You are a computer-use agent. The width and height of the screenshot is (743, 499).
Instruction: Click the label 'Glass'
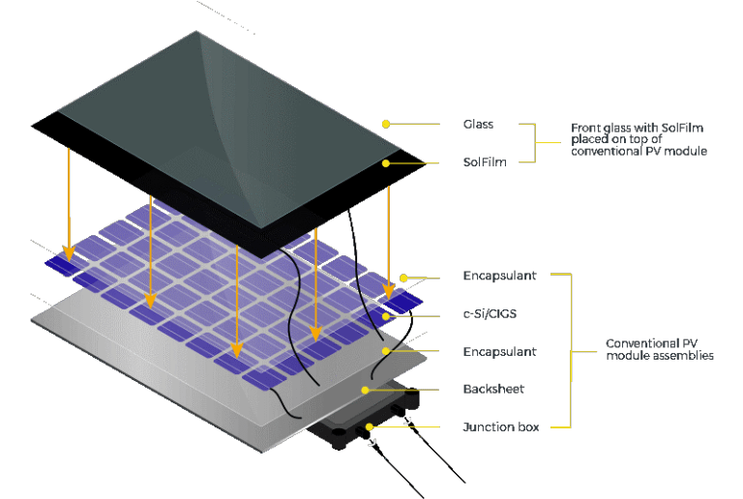click(479, 125)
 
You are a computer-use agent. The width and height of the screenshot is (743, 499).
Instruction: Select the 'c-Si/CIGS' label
click(489, 315)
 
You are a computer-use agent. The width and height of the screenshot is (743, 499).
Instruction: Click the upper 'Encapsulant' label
click(498, 278)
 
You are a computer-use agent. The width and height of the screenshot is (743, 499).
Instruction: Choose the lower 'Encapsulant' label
click(498, 352)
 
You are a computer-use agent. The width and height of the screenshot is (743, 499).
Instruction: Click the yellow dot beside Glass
click(386, 124)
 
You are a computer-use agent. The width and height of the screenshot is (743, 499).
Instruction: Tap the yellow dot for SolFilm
click(386, 162)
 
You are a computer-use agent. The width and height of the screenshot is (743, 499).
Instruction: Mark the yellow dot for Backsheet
click(365, 390)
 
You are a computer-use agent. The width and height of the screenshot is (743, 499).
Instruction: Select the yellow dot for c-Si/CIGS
click(385, 315)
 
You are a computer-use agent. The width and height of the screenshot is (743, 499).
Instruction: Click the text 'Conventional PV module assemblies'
click(659, 349)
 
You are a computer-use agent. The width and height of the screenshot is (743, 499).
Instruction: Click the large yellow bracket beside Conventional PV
click(570, 350)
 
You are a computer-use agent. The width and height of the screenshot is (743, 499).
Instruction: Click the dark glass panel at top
click(223, 126)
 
